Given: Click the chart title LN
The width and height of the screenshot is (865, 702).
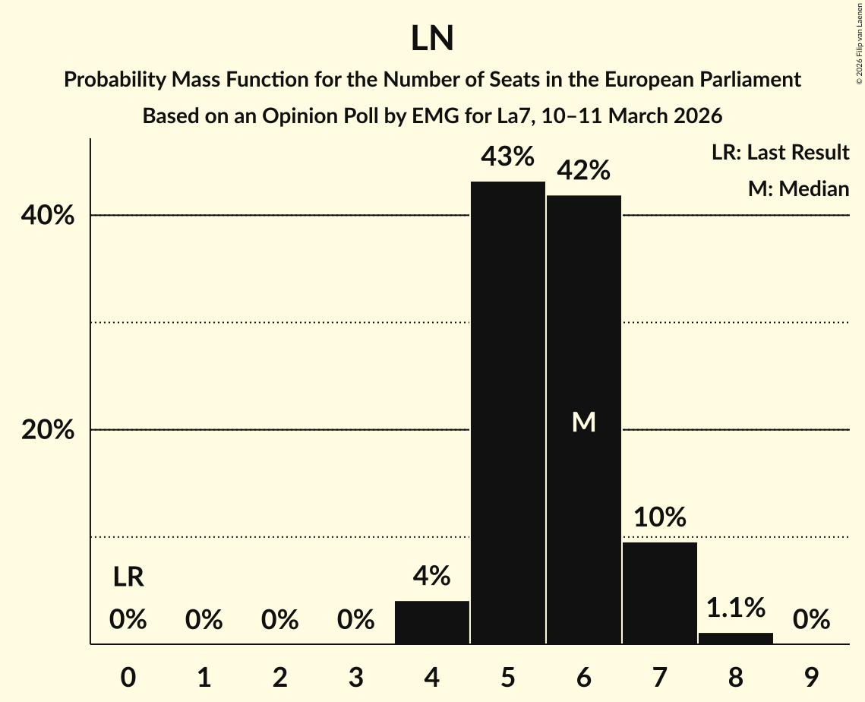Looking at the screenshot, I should point(432,39).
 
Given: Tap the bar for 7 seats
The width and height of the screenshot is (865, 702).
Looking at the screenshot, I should point(660,593).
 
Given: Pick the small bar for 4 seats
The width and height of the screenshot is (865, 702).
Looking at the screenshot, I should point(432,622).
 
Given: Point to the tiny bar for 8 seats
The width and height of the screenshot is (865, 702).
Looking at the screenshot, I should point(736,638).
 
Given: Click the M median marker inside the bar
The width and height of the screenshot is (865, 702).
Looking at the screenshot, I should point(584,422).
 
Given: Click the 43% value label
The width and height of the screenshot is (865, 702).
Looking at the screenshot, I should point(508,157).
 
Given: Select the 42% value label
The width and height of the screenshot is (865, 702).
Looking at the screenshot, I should point(584,171).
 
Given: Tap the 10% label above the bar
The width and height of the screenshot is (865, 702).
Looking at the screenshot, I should point(660,518).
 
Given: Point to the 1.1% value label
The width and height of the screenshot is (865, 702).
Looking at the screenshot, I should point(736,608).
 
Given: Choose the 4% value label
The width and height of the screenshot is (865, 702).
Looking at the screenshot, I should point(432,577).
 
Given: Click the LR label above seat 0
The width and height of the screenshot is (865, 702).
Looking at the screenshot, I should point(128,577).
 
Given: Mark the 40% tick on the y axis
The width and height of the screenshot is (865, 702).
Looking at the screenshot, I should point(47,217).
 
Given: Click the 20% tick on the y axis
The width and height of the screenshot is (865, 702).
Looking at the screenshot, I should point(47,431).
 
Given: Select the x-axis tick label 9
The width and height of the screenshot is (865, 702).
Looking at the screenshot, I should point(812,677).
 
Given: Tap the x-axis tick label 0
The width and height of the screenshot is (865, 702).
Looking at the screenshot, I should point(128,677).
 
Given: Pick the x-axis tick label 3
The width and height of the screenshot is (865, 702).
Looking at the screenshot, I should point(356,677).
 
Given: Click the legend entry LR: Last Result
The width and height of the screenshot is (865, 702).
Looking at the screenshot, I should point(780,153).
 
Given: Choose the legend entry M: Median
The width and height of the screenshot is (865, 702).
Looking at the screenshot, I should point(798,188).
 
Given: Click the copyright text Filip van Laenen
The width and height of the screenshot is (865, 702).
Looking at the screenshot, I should point(859,46).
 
